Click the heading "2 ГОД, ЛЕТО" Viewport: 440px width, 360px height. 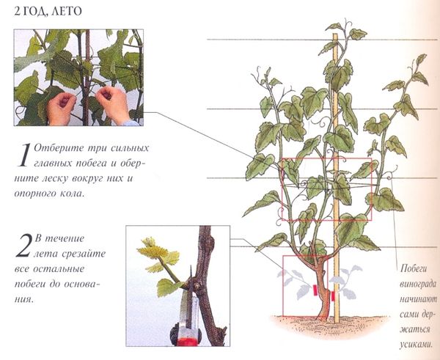[48, 12]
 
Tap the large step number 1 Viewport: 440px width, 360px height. [24, 155]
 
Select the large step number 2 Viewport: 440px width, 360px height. [23, 246]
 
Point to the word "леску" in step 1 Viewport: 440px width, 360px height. [57, 178]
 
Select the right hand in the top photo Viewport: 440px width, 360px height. [113, 104]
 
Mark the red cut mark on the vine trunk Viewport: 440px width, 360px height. [315, 290]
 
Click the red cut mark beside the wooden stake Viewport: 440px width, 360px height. [333, 296]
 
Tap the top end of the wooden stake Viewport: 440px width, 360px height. [335, 34]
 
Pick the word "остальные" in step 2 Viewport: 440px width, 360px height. [59, 269]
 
